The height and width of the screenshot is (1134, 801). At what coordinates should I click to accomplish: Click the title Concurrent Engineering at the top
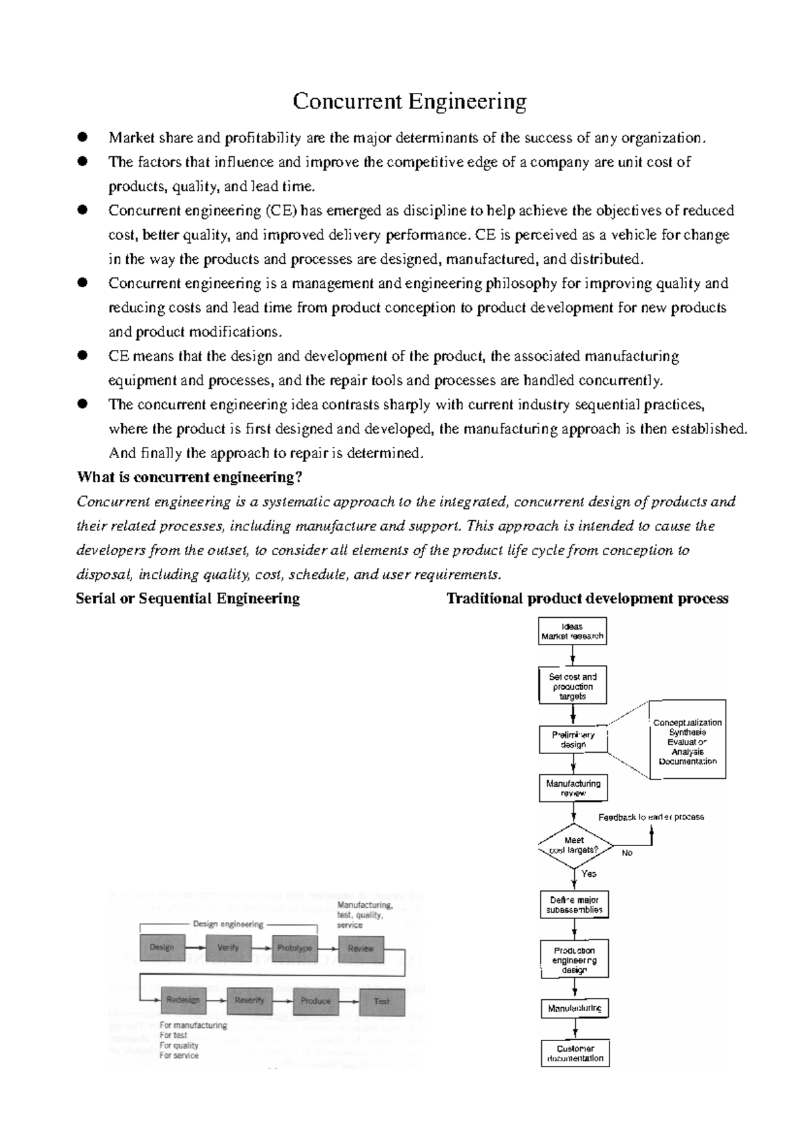click(409, 102)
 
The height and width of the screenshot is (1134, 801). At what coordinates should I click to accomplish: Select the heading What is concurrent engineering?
click(190, 478)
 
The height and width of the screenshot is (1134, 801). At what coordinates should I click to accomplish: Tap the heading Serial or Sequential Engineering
click(188, 598)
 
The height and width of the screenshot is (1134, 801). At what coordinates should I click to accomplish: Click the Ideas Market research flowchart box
click(572, 631)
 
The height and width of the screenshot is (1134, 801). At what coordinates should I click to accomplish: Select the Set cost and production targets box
click(572, 686)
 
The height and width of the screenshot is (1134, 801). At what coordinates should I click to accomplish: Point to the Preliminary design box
click(573, 739)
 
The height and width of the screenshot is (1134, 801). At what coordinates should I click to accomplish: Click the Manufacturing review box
click(573, 788)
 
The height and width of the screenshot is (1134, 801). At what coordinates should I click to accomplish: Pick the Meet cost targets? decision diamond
click(574, 845)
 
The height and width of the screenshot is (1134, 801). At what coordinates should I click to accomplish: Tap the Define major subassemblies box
click(574, 905)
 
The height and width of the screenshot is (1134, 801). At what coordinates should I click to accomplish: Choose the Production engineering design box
click(574, 960)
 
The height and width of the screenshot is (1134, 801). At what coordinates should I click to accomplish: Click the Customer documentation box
click(575, 1053)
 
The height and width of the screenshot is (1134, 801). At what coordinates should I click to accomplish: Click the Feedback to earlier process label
click(651, 817)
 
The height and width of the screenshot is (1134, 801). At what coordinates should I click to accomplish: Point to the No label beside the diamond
click(627, 853)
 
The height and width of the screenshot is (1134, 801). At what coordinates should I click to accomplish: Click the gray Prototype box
click(294, 948)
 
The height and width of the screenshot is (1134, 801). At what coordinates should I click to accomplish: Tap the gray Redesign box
click(182, 1000)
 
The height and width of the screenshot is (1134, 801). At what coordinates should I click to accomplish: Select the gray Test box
click(382, 1000)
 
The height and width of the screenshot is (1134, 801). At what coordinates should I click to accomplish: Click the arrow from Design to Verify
click(195, 948)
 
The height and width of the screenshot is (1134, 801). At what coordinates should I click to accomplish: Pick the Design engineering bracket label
click(228, 925)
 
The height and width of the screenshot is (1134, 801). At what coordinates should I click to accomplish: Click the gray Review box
click(361, 948)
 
